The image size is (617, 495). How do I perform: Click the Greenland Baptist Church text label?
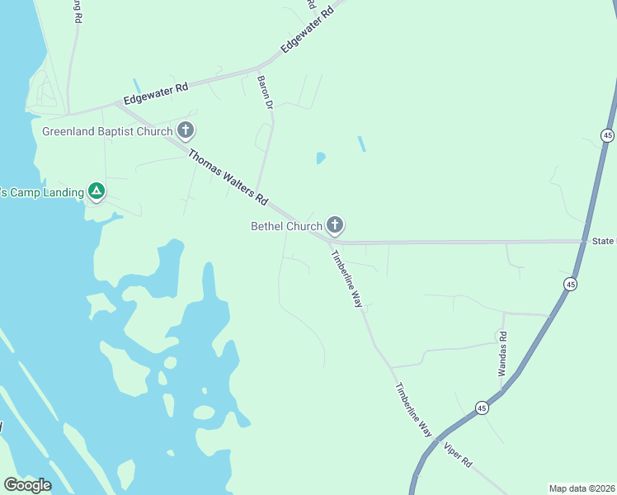pyautogui.click(x=107, y=131)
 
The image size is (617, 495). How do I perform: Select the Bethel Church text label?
pyautogui.click(x=286, y=226)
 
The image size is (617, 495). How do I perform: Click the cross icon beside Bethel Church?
pyautogui.click(x=335, y=224)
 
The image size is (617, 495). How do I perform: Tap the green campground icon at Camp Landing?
pyautogui.click(x=97, y=192)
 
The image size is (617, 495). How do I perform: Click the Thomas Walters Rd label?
pyautogui.click(x=228, y=177)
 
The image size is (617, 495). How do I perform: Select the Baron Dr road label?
pyautogui.click(x=265, y=92)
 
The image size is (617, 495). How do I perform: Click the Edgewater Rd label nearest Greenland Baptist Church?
pyautogui.click(x=156, y=92)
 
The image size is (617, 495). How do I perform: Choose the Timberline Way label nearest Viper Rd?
pyautogui.click(x=412, y=410)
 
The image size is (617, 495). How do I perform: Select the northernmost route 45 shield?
pyautogui.click(x=608, y=135)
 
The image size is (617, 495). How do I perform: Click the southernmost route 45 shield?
pyautogui.click(x=482, y=408)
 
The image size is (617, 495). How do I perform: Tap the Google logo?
pyautogui.click(x=27, y=485)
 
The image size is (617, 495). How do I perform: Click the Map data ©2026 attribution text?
pyautogui.click(x=581, y=488)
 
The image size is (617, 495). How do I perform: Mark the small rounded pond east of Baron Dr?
pyautogui.click(x=320, y=157)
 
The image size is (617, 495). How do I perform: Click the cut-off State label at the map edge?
pyautogui.click(x=604, y=241)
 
